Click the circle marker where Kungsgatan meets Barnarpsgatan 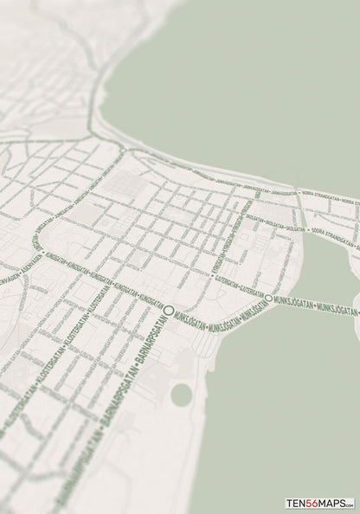pyautogui.click(x=170, y=310)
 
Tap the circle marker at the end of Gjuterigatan pyautogui.click(x=268, y=298)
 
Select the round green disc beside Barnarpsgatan pyautogui.click(x=181, y=395)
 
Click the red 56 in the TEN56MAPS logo pyautogui.click(x=312, y=503)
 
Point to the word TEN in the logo pyautogui.click(x=296, y=503)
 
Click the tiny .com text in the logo pyautogui.click(x=350, y=505)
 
